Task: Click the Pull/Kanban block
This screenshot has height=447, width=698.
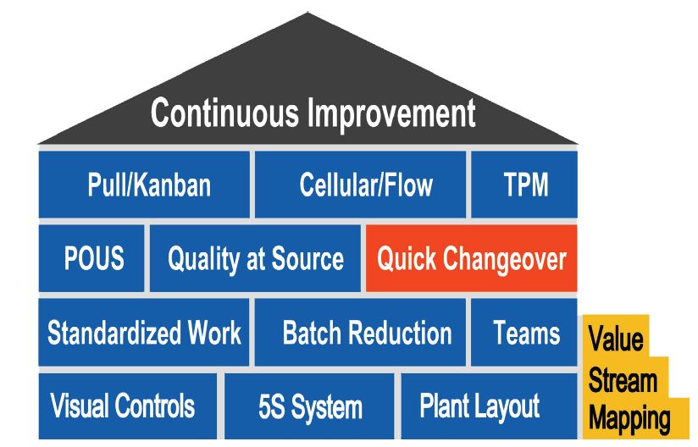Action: click(144, 185)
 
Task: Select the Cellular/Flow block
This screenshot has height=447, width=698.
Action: click(360, 185)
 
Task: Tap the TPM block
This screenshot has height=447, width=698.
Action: click(524, 185)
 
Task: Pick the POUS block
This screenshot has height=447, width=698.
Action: click(91, 258)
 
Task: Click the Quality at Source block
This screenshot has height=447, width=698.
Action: click(255, 258)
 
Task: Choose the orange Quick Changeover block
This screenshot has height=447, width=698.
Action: click(472, 258)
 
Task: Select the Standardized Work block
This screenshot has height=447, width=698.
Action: click(144, 332)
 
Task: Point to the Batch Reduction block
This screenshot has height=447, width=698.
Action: click(360, 332)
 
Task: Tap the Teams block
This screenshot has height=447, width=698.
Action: click(524, 332)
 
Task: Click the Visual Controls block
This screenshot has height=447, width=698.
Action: click(128, 406)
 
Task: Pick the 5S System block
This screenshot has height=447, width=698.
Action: click(309, 406)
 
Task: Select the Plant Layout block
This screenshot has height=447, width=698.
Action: click(490, 406)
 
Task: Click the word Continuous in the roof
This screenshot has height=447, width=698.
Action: click(224, 113)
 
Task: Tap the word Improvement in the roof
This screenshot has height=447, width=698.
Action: click(391, 114)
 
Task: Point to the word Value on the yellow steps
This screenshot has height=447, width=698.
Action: click(616, 339)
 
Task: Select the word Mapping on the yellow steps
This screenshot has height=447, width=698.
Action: click(629, 419)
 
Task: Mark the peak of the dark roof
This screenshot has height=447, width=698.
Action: click(307, 14)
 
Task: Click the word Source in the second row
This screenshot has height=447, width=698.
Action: click(307, 258)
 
